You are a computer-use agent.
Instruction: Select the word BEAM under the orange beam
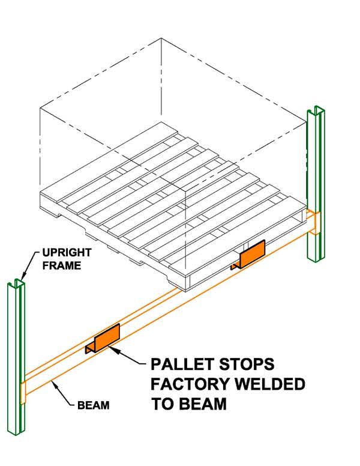pyautogui.click(x=94, y=405)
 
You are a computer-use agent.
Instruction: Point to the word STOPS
pyautogui.click(x=244, y=365)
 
